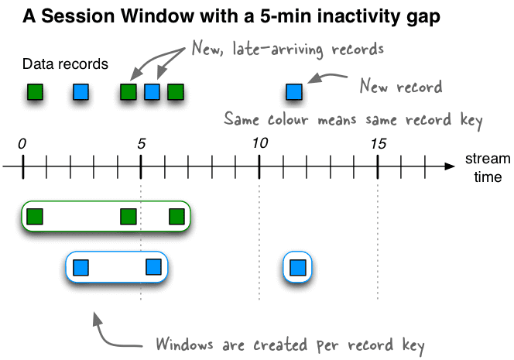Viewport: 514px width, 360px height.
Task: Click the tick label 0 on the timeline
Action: (23, 143)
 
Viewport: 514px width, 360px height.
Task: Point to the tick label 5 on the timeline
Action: (141, 143)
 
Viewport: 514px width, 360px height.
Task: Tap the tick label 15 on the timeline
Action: (379, 143)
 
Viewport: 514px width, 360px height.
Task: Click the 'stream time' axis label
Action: (488, 168)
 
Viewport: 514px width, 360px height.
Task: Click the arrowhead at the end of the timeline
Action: (449, 166)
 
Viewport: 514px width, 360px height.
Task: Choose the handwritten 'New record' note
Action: (400, 86)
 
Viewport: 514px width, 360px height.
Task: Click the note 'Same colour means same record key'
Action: (353, 120)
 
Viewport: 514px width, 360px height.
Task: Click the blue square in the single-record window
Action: (297, 268)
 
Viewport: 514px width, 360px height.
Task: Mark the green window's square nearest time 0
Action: (34, 216)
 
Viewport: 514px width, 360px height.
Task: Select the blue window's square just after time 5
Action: (154, 268)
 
